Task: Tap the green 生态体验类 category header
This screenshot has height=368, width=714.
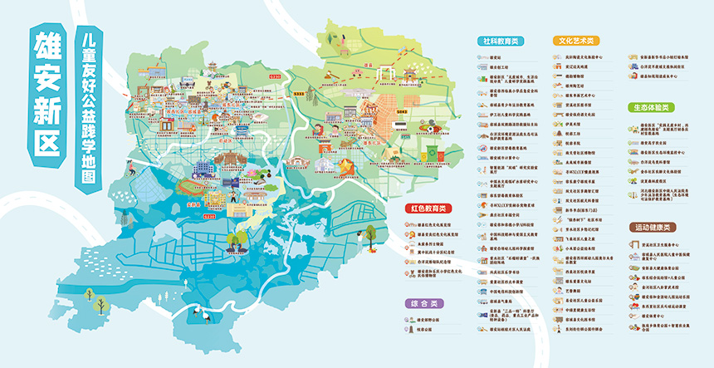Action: coord(651,107)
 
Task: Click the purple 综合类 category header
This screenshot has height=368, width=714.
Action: coord(423,303)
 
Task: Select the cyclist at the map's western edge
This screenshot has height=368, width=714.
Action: coord(130,170)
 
